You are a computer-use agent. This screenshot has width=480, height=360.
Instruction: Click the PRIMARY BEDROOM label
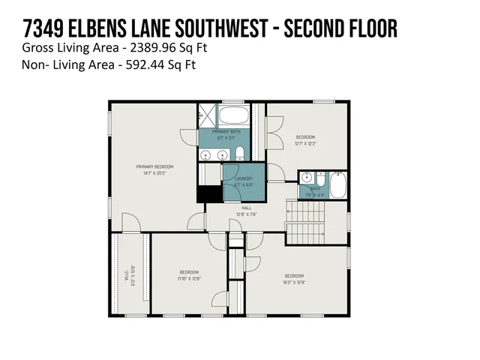(x=154, y=166)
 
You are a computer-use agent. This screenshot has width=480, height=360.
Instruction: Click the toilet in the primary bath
(x=239, y=154)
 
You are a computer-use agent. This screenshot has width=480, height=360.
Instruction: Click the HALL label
(x=246, y=209)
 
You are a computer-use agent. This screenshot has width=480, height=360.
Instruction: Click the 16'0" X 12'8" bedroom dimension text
(x=294, y=283)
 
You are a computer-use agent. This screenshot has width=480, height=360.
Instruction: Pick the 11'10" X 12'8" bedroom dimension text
(x=188, y=279)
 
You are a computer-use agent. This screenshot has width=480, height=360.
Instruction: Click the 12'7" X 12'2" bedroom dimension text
(x=305, y=143)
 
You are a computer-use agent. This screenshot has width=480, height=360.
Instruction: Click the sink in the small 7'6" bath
(x=305, y=178)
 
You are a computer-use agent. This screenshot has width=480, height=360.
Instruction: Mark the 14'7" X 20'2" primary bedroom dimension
(x=154, y=172)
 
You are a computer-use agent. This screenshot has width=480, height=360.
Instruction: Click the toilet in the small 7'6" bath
(x=319, y=180)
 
